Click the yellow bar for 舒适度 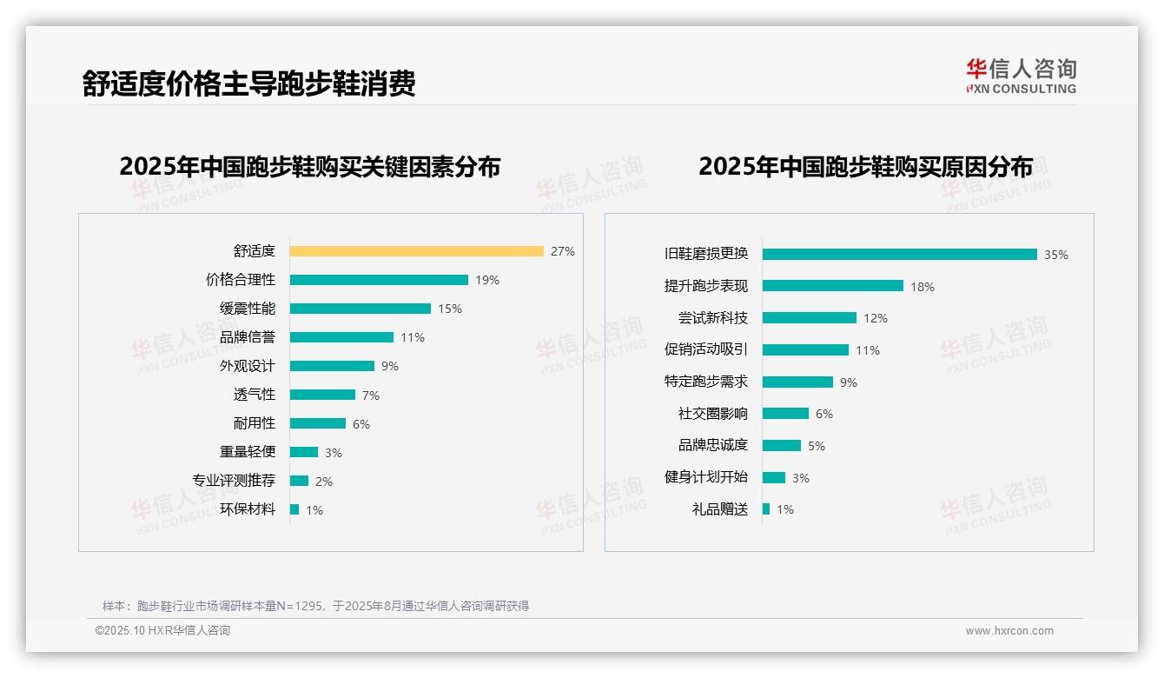(416, 251)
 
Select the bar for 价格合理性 (379, 280)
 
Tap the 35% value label (1055, 255)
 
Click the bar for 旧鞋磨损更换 (899, 254)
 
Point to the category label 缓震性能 (247, 309)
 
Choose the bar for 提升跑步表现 (832, 286)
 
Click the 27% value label (562, 251)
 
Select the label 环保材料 (247, 509)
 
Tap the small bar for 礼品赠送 (765, 509)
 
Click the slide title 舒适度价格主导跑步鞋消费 (248, 83)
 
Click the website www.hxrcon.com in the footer (1009, 631)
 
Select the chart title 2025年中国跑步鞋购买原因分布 (865, 166)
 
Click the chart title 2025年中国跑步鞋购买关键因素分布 (309, 166)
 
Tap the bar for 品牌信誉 (341, 337)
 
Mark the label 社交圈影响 (712, 414)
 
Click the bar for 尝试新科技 (809, 318)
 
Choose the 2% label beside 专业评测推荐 (323, 482)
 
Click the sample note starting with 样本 (315, 606)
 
